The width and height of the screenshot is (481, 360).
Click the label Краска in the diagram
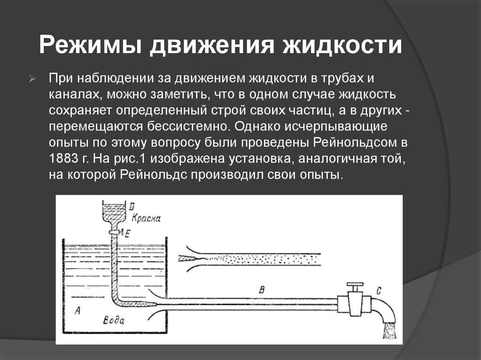147,218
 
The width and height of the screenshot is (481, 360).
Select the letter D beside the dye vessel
132,205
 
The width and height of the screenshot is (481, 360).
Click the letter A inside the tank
78,309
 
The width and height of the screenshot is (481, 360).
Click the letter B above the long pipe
262,290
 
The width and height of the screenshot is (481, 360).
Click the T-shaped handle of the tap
355,285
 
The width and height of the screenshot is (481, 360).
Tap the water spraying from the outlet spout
389,330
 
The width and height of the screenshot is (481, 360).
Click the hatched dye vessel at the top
115,214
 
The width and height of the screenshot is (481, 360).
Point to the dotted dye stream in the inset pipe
263,258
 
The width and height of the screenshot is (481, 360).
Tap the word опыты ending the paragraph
317,175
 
